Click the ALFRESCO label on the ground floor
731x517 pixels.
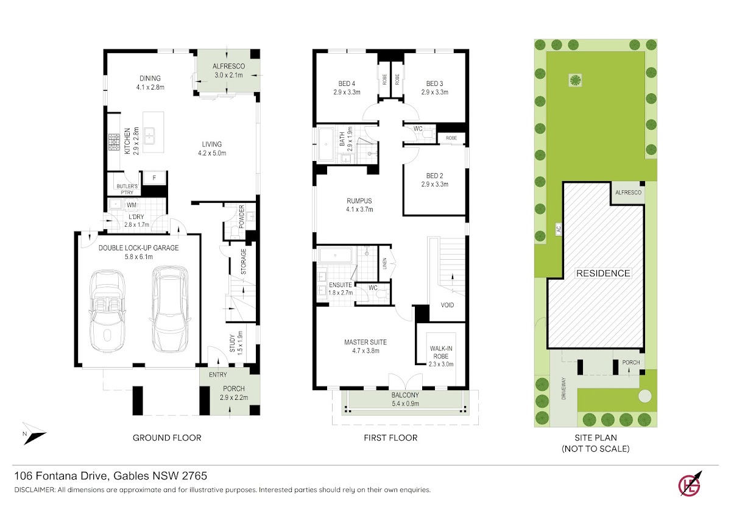[x=228, y=66]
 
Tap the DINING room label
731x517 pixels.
[x=150, y=79]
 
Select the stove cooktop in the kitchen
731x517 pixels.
[x=115, y=143]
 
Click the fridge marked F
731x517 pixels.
[x=154, y=178]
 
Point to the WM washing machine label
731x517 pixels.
[x=132, y=205]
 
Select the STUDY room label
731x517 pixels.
[x=232, y=343]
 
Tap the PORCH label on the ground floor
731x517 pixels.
[x=234, y=388]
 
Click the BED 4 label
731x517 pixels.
[x=347, y=84]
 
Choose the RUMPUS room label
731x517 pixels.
[x=359, y=201]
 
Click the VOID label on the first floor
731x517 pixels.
[x=447, y=305]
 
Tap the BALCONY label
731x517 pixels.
[x=405, y=395]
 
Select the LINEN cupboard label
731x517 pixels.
[x=384, y=263]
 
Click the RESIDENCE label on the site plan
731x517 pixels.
[x=603, y=273]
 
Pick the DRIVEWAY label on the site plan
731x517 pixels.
[x=563, y=388]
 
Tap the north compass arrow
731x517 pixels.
[x=34, y=433]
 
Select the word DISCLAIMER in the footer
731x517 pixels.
[x=35, y=490]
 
